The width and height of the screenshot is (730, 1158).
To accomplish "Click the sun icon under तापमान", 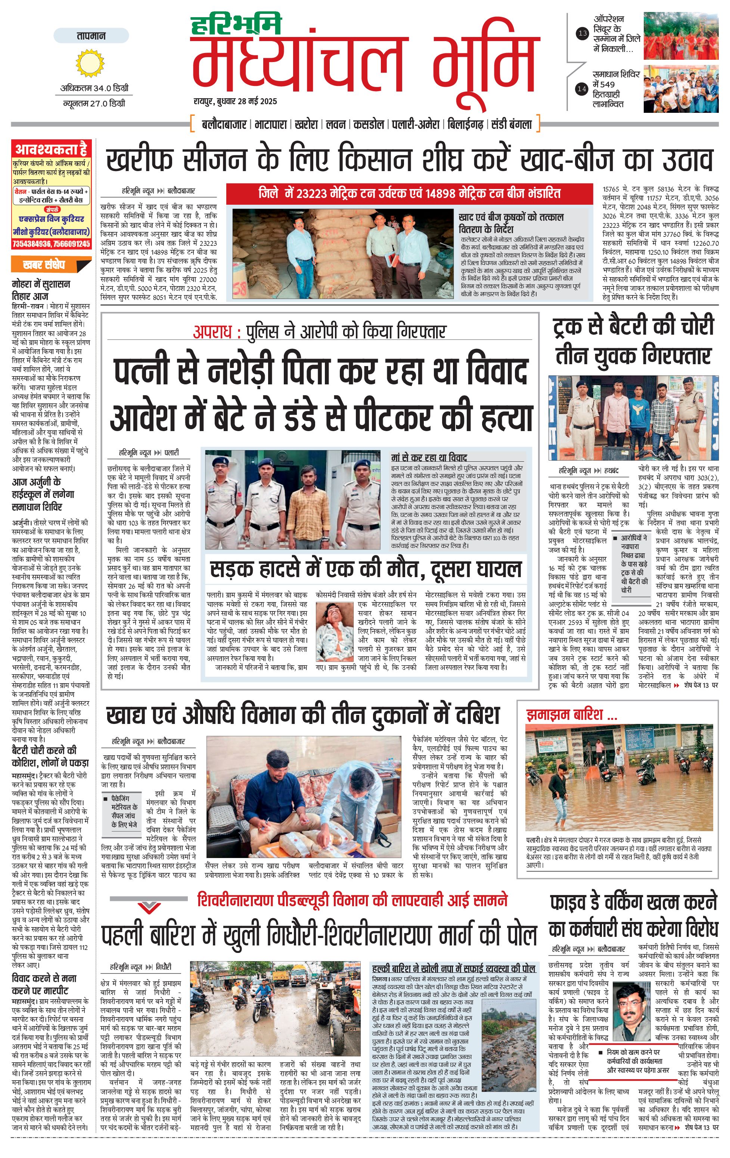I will tap(90, 63).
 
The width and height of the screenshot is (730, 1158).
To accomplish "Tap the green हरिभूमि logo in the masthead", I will tap(236, 25).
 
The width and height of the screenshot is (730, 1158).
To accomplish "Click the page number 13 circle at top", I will tap(583, 33).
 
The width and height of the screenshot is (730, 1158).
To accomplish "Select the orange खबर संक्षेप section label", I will tap(44, 265).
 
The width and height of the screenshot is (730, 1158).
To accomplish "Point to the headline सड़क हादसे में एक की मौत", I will tap(365, 569).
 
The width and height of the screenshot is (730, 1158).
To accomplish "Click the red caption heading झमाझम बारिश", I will tap(571, 715).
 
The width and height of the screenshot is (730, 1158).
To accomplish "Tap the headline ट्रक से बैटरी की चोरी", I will tap(633, 326).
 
